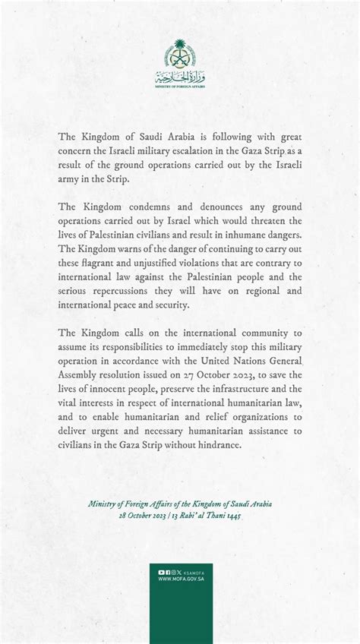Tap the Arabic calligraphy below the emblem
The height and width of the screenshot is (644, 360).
[x=180, y=77]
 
